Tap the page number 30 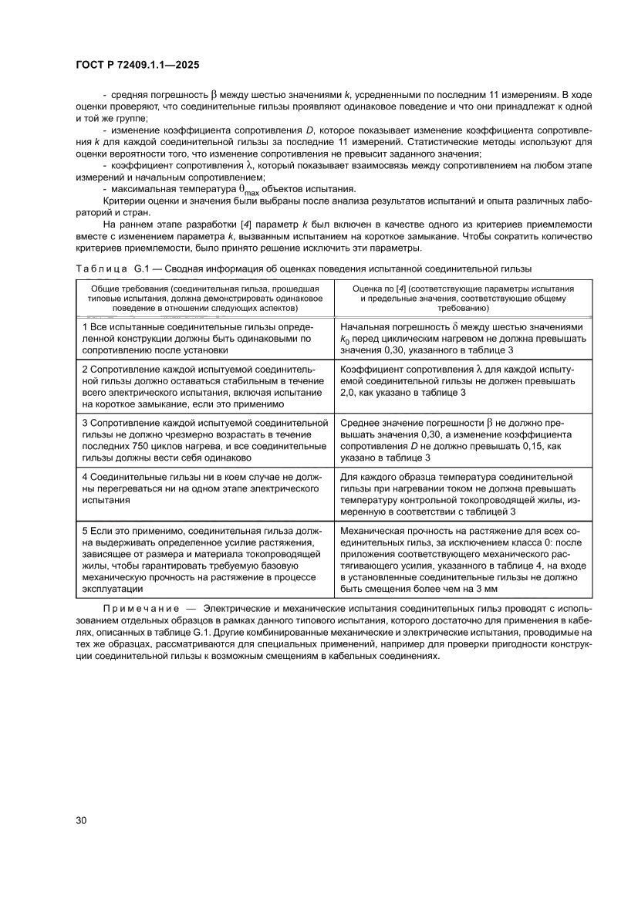pyautogui.click(x=81, y=819)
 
